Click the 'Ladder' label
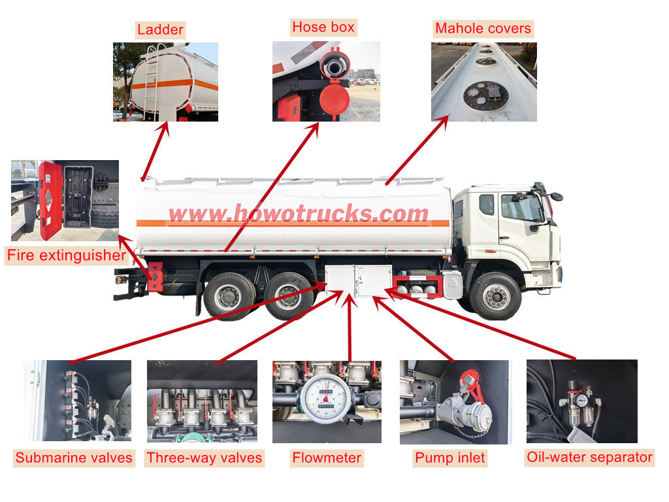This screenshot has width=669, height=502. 160,29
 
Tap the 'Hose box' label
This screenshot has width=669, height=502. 323,27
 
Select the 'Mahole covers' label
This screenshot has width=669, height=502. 483,28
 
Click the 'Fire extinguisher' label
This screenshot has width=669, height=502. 65,255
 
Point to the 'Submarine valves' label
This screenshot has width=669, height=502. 74,458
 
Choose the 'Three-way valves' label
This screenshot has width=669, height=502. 204,458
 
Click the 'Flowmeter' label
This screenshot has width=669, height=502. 327,458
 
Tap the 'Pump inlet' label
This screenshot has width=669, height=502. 450,458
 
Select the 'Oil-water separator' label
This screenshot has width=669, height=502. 589,457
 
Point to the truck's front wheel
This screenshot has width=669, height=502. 495,296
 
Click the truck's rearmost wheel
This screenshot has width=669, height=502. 229,296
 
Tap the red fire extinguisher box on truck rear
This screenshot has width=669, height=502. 155,276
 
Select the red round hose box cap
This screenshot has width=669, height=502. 334,100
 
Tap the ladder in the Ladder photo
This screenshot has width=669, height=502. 152,82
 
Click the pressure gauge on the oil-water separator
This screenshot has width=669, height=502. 581,399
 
